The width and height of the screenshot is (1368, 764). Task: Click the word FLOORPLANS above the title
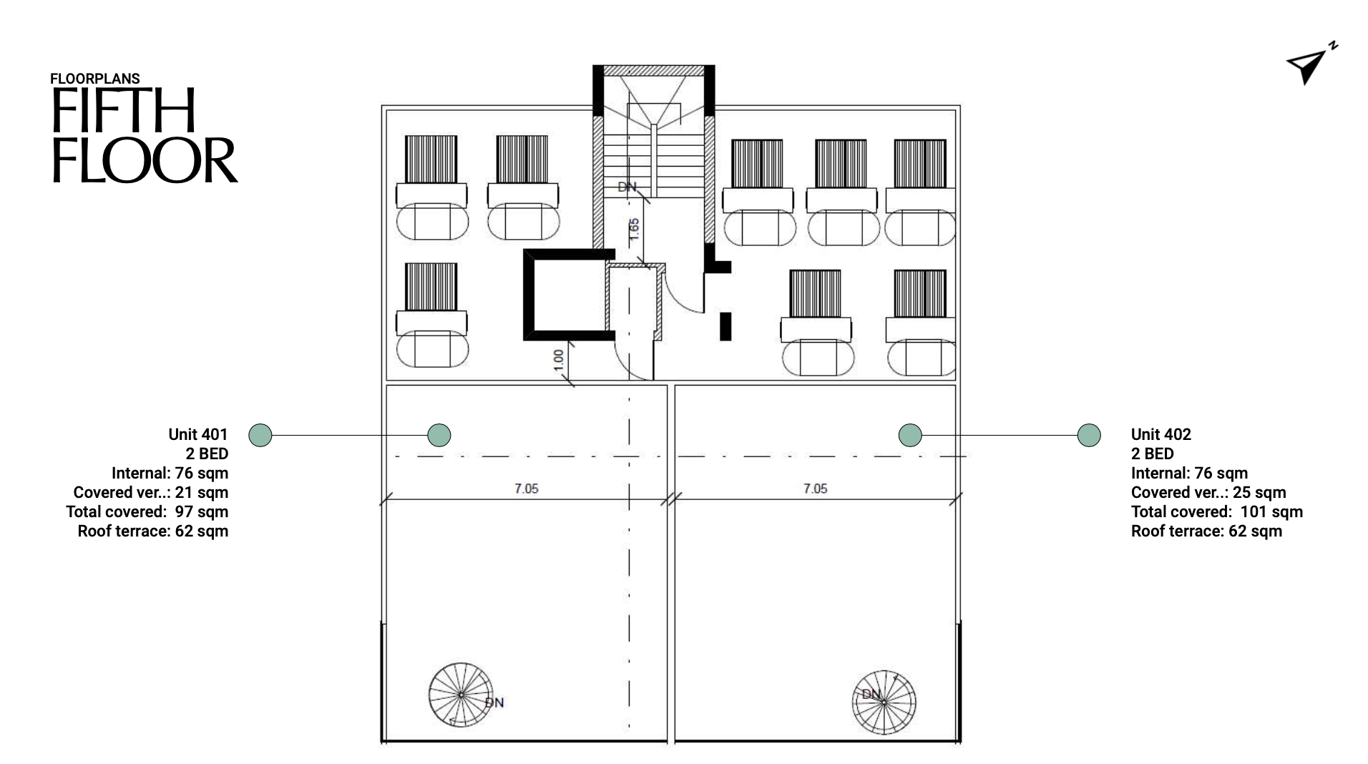95,79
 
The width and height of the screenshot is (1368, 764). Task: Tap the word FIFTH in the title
123,112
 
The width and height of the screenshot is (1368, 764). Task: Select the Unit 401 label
197,434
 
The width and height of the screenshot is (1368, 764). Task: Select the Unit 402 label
1161,434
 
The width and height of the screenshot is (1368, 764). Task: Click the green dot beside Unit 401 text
260,435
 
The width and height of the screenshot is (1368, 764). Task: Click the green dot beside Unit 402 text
1089,435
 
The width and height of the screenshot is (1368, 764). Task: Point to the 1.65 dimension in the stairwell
634,230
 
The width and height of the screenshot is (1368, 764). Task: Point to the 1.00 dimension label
559,360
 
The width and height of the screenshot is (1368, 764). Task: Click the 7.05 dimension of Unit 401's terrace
526,489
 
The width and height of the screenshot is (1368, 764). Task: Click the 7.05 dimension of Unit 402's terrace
815,489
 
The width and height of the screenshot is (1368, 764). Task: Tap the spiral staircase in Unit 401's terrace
461,694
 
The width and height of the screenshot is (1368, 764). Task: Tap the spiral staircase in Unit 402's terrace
884,701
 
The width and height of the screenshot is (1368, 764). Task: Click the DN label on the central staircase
627,187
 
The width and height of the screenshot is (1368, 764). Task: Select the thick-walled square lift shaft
569,294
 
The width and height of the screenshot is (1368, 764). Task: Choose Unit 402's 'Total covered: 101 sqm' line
1216,511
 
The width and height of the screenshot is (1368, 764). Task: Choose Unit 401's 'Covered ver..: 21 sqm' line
150,492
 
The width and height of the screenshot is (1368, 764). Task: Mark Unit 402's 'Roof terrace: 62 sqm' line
1206,531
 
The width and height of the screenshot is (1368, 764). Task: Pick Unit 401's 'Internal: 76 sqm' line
170,473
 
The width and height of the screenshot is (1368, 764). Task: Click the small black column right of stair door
725,326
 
